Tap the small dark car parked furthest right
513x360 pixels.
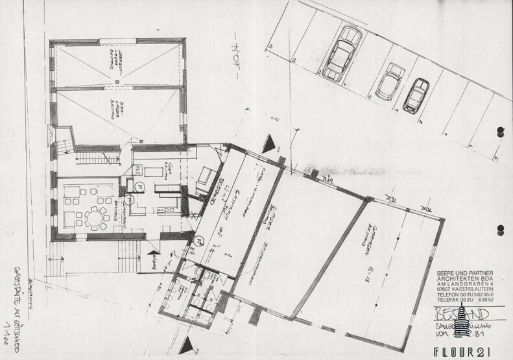[x=417, y=95]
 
